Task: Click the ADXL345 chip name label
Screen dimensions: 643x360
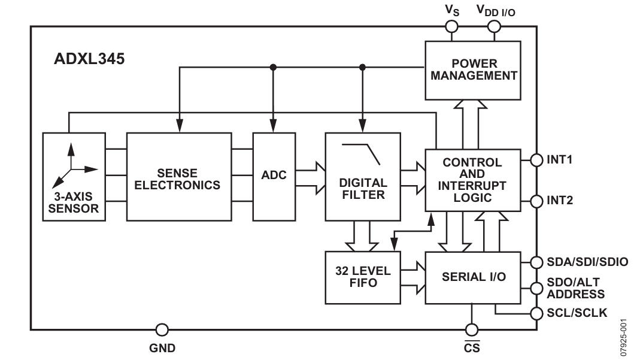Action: click(x=89, y=59)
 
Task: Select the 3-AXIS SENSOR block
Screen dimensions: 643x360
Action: click(x=74, y=177)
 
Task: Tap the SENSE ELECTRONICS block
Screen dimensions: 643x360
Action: click(x=179, y=177)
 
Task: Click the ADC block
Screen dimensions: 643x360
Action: click(x=274, y=177)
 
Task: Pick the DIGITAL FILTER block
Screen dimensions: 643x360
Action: click(x=363, y=177)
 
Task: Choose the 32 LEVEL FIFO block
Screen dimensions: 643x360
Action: click(x=363, y=277)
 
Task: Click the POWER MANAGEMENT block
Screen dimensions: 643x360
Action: click(x=473, y=70)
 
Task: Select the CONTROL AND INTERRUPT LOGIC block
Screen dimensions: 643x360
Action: click(x=473, y=180)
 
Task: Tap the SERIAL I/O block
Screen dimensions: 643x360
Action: click(x=473, y=277)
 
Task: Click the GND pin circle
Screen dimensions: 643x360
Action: click(x=162, y=329)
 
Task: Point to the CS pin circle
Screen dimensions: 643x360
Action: click(x=472, y=329)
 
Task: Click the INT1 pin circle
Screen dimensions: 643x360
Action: click(x=536, y=160)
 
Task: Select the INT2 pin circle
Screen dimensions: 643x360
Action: click(x=536, y=201)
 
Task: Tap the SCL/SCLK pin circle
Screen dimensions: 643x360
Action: click(x=536, y=314)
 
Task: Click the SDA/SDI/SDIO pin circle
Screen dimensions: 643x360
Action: click(x=536, y=262)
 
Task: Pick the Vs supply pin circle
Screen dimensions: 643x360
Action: click(x=451, y=27)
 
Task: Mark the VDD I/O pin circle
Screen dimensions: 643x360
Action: click(x=494, y=27)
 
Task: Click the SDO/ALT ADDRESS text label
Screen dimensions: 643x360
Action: click(x=575, y=288)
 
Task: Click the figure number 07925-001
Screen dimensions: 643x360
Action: click(x=624, y=337)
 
